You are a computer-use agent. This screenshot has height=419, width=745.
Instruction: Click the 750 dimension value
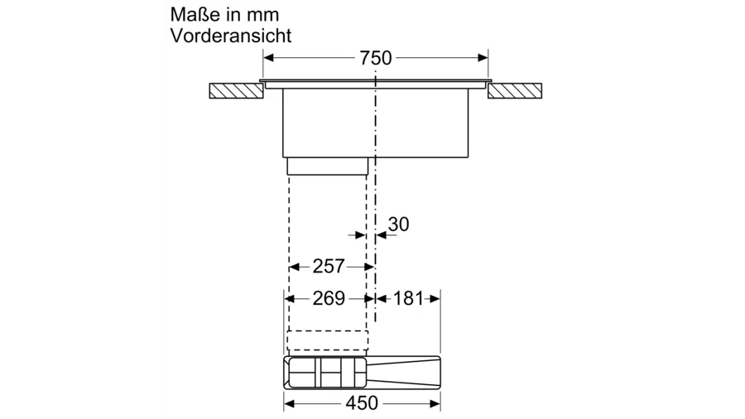(375, 58)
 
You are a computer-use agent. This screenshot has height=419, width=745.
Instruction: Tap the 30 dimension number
(398, 224)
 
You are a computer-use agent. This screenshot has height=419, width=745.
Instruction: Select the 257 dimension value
(329, 267)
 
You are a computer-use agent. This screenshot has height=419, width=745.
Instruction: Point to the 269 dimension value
(329, 298)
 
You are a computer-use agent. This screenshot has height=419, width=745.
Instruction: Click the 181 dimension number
(408, 298)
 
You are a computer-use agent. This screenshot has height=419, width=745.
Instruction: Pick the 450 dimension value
(362, 403)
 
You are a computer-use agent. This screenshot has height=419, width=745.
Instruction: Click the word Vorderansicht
(231, 36)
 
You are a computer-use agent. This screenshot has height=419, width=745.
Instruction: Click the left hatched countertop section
(237, 91)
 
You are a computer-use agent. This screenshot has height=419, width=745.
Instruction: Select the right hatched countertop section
(515, 91)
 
